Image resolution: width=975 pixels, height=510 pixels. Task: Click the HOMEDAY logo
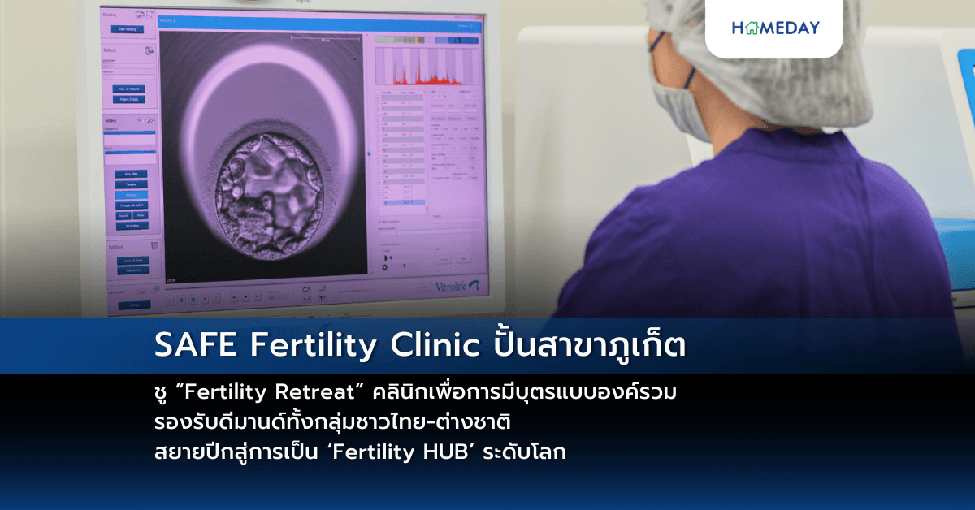coord(775,28)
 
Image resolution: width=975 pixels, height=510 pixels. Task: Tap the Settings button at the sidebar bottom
coord(134,305)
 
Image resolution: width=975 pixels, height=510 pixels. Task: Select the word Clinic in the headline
coord(436,345)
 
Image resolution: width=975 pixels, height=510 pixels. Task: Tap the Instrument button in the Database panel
coord(132,270)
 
